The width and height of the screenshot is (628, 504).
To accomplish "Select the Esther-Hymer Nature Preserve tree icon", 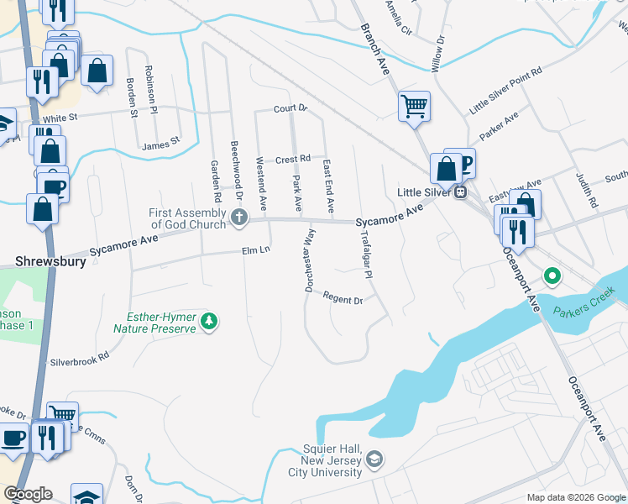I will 209,321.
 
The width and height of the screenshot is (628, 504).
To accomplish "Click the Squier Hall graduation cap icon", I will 374,459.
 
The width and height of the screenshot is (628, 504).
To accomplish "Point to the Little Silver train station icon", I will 459,192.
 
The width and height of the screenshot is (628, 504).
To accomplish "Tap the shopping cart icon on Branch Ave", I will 414,107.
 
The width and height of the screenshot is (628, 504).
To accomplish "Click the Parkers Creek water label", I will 584,302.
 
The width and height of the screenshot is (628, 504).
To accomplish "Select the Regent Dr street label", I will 343,300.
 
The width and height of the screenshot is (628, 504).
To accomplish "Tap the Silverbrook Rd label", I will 80,356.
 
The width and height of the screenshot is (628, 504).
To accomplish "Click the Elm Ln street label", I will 255,249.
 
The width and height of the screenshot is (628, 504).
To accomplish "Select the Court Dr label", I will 291,108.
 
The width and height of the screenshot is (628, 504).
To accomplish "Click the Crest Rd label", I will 293,159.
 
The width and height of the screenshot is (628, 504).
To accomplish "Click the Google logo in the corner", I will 28,494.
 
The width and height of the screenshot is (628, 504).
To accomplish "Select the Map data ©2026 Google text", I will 575,497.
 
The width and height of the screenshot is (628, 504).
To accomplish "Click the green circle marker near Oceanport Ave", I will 552,275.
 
